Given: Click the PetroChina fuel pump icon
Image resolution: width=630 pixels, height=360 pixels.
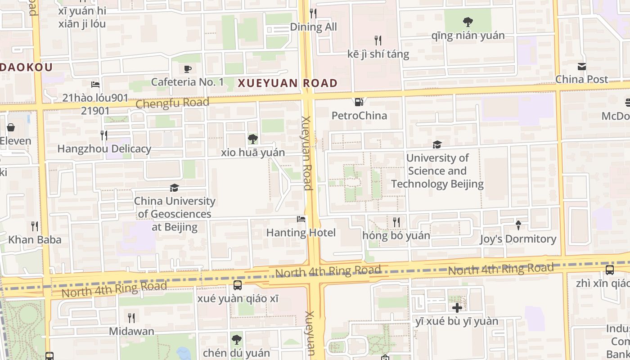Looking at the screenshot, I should click(359, 102).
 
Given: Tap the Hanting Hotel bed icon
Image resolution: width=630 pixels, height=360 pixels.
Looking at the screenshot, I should click(301, 219).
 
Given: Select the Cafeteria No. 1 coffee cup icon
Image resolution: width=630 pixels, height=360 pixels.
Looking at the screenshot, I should click(188, 69).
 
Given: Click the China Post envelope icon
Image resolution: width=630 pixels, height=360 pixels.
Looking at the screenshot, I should click(582, 67).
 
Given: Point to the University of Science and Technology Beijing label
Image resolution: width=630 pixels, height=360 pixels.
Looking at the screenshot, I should click(437, 171).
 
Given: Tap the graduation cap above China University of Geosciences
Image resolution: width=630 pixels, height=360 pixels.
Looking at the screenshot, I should click(174, 188).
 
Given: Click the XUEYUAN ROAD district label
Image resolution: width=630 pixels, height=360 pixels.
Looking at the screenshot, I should click(288, 83).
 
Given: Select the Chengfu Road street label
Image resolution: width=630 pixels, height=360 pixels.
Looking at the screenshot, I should click(172, 103).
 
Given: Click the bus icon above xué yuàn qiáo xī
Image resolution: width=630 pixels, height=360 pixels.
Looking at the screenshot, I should click(237, 285).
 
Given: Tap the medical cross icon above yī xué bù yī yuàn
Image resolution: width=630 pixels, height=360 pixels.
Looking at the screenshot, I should click(457, 308).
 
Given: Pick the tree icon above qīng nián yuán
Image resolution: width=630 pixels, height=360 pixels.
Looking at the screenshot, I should click(468, 22).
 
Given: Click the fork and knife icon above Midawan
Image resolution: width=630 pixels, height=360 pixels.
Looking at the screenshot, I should click(131, 318).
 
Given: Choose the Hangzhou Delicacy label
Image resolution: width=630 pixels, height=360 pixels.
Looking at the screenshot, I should click(104, 149).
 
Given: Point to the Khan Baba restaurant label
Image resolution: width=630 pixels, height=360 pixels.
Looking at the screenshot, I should click(35, 240).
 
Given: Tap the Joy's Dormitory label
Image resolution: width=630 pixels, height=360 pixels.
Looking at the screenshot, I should click(518, 239).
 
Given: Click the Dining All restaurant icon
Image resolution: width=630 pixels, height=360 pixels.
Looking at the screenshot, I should click(313, 13).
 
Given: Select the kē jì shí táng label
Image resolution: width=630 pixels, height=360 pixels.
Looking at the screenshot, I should click(378, 54).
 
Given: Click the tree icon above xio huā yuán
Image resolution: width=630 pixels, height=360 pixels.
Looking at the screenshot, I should click(253, 139).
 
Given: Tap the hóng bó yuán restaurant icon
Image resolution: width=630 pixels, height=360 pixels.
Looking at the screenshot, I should click(396, 222).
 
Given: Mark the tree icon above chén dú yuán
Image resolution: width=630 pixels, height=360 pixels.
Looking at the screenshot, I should click(236, 340).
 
